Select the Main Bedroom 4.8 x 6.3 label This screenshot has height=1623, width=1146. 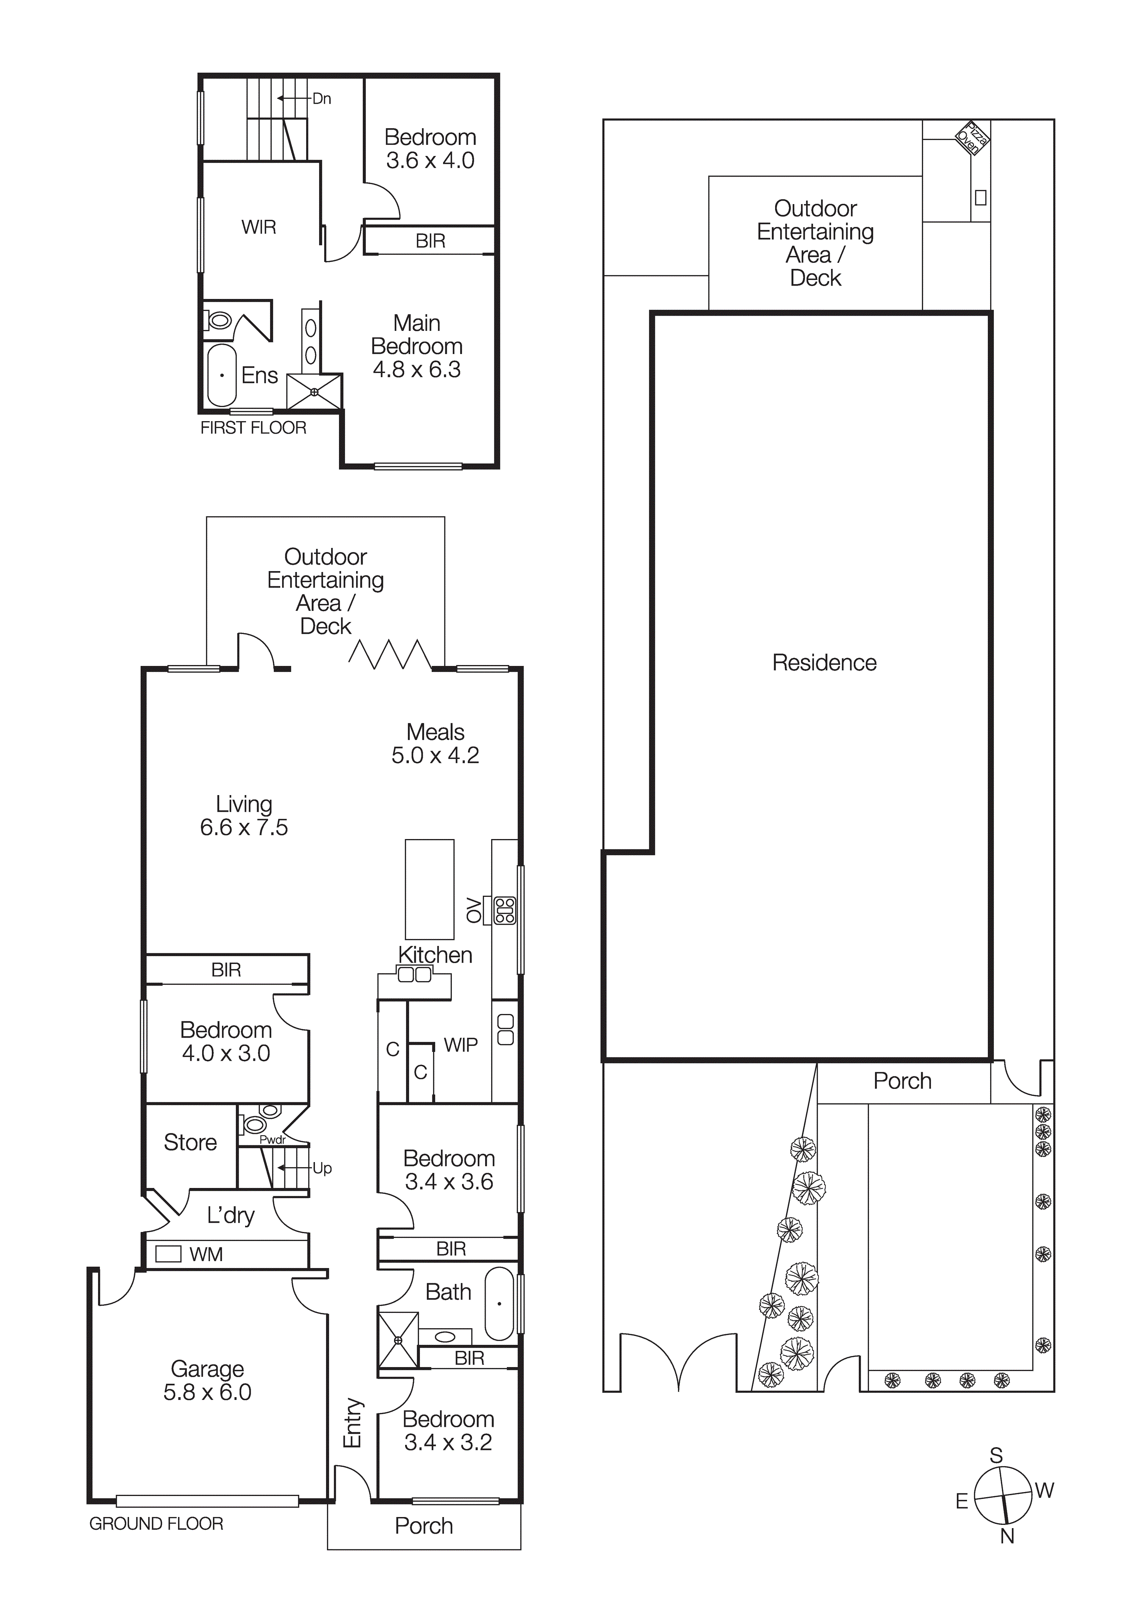[417, 346]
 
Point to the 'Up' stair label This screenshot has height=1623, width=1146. [322, 1169]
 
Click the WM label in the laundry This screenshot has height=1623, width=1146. [206, 1255]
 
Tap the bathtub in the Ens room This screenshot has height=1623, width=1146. [222, 375]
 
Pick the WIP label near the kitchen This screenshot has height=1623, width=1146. [461, 1045]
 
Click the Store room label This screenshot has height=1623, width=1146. [190, 1142]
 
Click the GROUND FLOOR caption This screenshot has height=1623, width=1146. [156, 1524]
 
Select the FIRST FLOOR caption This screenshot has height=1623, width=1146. [253, 428]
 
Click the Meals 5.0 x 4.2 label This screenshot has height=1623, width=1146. [435, 744]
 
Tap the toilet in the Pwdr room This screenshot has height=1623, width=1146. [253, 1123]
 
